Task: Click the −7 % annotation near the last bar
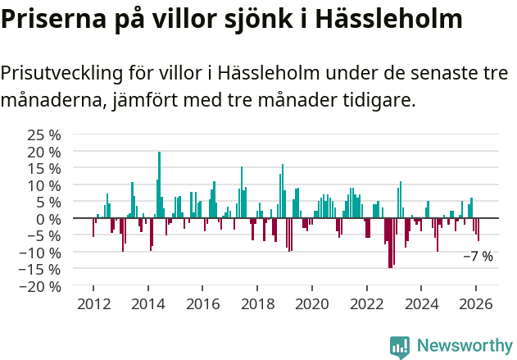[x=478, y=257]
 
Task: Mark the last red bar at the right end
[x=478, y=230]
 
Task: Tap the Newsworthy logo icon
[x=400, y=346]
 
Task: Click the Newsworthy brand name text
[x=465, y=346]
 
